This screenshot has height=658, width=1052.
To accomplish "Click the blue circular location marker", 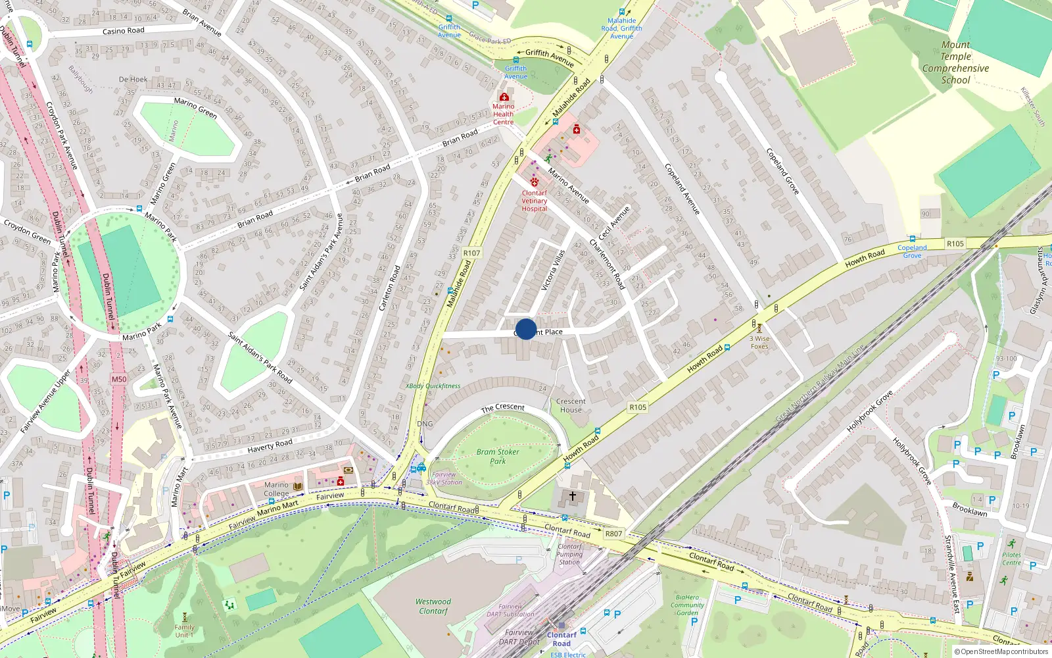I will point(526,329).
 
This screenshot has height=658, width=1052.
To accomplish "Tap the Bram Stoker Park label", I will point(498,457).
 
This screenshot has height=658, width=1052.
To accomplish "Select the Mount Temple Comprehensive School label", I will point(955,63).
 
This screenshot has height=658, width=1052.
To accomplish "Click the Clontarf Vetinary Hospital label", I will point(535,201).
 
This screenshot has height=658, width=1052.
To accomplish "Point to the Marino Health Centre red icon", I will point(504,97).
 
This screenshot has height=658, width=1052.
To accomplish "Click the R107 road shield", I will point(471,253).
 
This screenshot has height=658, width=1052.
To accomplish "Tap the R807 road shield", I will point(613,534).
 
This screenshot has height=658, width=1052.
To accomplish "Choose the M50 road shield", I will point(119,379).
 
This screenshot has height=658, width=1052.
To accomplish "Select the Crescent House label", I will point(571,405).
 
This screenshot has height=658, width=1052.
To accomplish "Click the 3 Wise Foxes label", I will point(759,342).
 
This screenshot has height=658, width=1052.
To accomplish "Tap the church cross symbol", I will point(572,496).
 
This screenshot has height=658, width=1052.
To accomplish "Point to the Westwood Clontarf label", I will point(433,606).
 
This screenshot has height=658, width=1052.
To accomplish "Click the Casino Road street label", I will point(124,31).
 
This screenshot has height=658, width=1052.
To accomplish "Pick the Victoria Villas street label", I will point(553,270).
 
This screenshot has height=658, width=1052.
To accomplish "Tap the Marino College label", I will point(276,489).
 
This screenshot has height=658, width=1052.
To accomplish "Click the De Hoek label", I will point(133,80).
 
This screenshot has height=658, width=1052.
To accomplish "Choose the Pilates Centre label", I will point(1011,559).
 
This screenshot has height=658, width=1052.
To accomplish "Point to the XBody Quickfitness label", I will point(433,386).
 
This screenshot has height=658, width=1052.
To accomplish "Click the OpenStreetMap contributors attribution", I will point(1001,651).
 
